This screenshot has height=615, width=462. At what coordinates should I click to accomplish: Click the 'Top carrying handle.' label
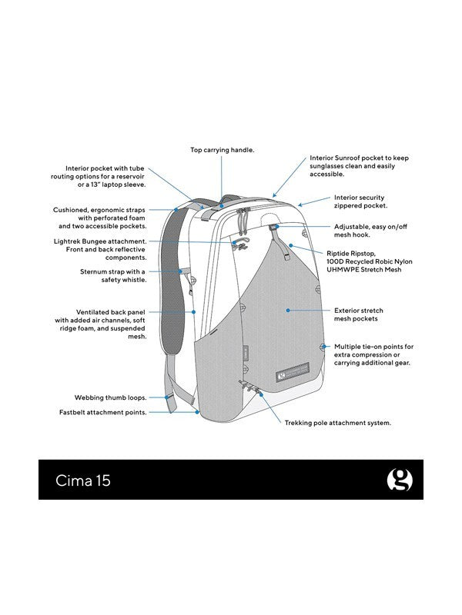click(x=222, y=150)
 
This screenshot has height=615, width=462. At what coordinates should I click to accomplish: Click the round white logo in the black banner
click(x=399, y=480)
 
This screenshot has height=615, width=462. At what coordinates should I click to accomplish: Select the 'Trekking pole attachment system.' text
click(x=338, y=423)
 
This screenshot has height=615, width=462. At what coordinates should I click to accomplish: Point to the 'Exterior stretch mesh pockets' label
click(x=358, y=315)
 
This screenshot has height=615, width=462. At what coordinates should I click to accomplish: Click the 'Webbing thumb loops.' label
click(x=111, y=398)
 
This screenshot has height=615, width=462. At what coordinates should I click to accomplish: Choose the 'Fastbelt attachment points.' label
click(x=103, y=413)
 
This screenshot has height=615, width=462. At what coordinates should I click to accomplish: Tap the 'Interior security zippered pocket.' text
click(x=360, y=202)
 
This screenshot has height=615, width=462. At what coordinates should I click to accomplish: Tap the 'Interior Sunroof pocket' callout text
click(x=360, y=165)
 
